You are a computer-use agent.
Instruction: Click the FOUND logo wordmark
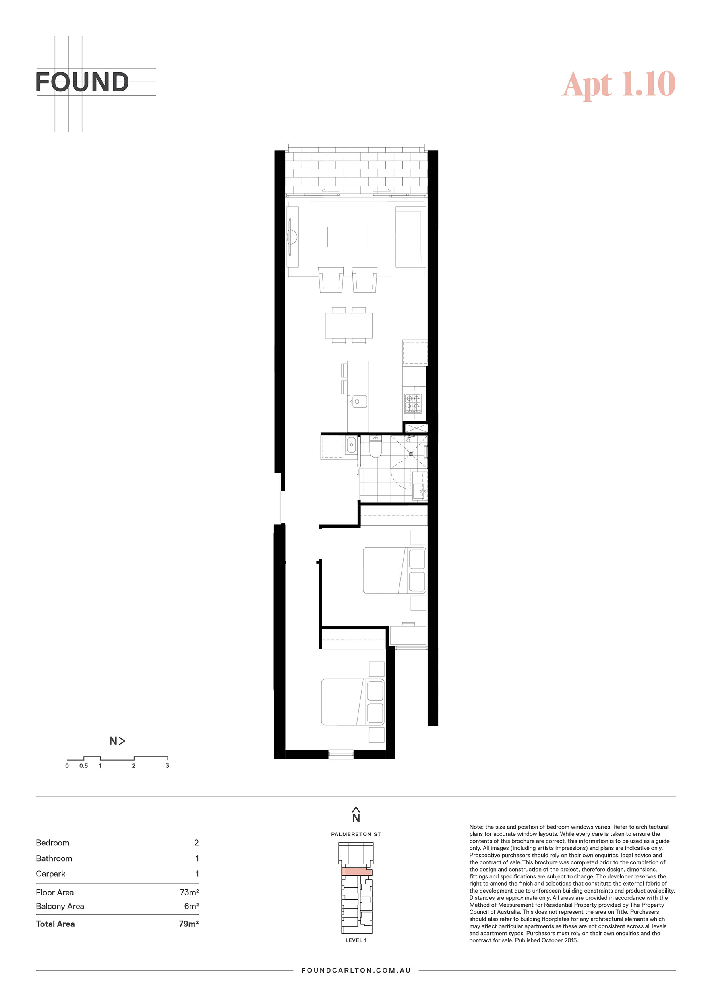(82, 82)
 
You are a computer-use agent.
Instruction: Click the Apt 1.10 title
(619, 84)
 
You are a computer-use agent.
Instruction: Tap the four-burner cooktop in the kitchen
(412, 403)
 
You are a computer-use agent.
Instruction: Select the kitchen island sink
(360, 401)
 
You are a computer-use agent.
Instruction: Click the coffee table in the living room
(348, 237)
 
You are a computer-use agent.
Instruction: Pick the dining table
(348, 326)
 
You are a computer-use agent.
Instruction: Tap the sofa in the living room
(411, 237)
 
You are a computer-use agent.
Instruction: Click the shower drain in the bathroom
(411, 454)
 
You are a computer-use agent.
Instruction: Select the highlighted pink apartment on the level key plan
(357, 872)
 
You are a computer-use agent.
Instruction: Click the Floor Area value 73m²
(189, 892)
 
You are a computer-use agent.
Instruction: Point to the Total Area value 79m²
(188, 924)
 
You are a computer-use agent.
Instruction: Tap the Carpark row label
(50, 874)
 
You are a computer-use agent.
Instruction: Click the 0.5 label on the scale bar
(83, 765)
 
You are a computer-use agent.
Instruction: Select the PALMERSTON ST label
(356, 834)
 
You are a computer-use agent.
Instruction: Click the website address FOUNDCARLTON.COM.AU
(356, 970)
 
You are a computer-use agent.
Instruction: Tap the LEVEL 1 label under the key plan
(356, 940)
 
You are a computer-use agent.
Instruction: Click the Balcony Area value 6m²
(191, 906)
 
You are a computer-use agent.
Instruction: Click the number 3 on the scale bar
(167, 765)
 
